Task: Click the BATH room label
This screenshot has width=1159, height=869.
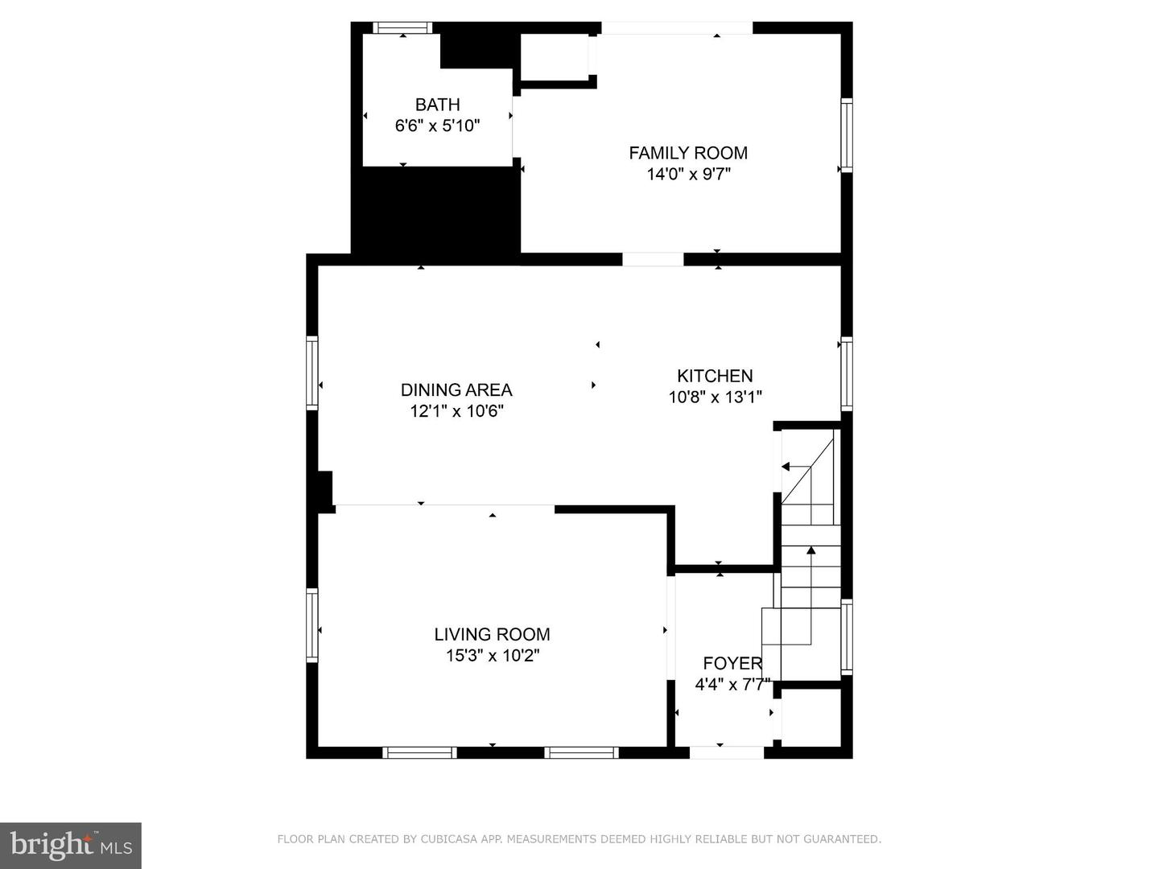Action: (x=437, y=105)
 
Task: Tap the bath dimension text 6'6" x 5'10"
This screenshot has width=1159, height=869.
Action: (x=437, y=126)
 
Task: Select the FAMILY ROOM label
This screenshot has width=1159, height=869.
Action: (x=688, y=153)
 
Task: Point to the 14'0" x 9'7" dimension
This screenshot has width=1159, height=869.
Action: (x=688, y=174)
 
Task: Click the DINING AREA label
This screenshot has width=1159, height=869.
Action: (x=456, y=390)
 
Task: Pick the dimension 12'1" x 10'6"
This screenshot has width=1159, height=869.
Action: (x=456, y=411)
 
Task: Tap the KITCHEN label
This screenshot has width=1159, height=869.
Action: (x=715, y=376)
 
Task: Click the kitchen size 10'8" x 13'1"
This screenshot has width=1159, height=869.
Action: (x=715, y=397)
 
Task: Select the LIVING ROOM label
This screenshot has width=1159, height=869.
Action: (x=492, y=635)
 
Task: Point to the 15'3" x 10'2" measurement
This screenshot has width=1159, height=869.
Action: (x=492, y=656)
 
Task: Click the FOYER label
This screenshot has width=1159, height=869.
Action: (x=732, y=664)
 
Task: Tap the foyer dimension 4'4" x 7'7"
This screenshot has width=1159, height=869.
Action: (x=732, y=685)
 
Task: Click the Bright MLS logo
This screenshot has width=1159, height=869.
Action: (x=71, y=845)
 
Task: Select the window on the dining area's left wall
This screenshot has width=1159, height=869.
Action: (x=312, y=373)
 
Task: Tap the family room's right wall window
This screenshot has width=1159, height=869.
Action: (x=847, y=134)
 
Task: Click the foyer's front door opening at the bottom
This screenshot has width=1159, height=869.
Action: (x=727, y=752)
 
